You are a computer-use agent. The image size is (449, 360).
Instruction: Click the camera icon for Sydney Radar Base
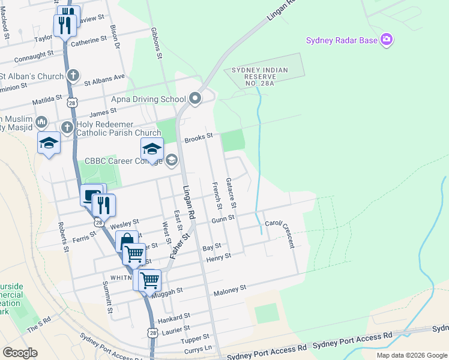point(387,40)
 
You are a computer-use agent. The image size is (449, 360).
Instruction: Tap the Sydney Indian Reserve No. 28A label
point(265,77)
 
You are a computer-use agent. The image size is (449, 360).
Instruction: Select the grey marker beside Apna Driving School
point(194,98)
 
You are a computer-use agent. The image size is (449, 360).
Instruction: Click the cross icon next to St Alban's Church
point(72,76)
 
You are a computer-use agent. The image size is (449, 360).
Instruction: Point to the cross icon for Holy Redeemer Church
point(67,127)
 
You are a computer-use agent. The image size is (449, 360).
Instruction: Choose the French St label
point(217,196)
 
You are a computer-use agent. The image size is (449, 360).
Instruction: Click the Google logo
point(20,353)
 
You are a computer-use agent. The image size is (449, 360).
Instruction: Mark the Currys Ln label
point(199,348)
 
